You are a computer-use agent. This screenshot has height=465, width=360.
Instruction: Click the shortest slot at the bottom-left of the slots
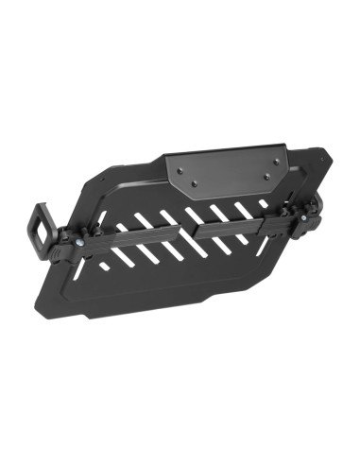pos(105,267)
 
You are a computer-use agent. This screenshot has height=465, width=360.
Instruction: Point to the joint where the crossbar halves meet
pos(192,228)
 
